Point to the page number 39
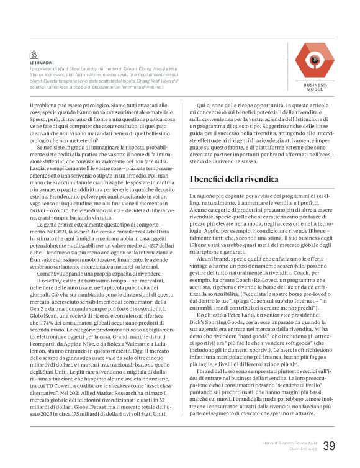pyautogui.click(x=330, y=445)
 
